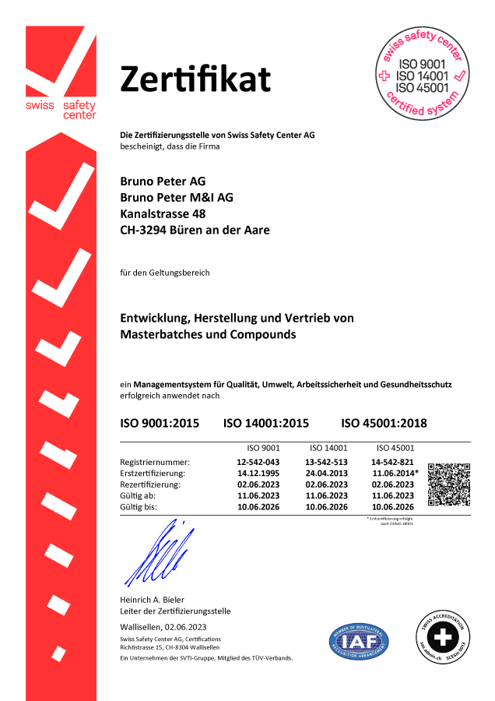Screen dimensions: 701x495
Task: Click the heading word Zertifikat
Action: pos(195,79)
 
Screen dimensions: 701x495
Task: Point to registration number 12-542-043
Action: pos(258,462)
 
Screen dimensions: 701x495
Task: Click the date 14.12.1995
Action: pos(258,473)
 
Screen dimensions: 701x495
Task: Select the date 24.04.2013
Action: pos(327,473)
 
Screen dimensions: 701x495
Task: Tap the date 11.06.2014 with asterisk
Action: pos(395,473)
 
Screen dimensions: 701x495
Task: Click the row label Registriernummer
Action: pos(156,462)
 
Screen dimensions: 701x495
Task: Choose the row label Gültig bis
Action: pos(139,506)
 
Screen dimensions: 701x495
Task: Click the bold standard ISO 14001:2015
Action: pos(266,424)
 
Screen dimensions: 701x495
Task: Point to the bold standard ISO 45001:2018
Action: pos(384,424)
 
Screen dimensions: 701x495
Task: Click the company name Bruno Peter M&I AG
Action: pos(177,197)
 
